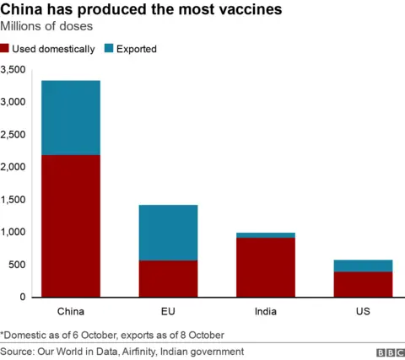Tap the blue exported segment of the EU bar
(x=168, y=233)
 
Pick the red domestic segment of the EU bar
(x=168, y=278)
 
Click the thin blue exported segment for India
(x=266, y=235)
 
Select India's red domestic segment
(x=266, y=267)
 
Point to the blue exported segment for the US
(x=363, y=266)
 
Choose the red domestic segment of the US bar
(x=363, y=284)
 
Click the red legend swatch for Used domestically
(x=6, y=49)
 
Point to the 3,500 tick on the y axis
(x=15, y=69)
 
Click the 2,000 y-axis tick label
(x=15, y=167)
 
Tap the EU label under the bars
(x=168, y=312)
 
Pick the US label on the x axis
(x=363, y=312)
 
